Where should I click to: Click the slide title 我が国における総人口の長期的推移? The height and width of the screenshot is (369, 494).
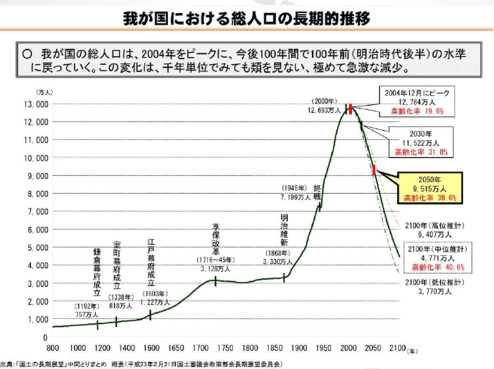[247, 16]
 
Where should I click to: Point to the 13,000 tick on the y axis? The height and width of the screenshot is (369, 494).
[33, 103]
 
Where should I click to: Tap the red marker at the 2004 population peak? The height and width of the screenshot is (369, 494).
[351, 107]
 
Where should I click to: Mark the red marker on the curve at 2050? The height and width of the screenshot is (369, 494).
[374, 170]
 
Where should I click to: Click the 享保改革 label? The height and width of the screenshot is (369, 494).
[217, 239]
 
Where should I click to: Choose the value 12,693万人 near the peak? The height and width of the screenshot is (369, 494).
[327, 109]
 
